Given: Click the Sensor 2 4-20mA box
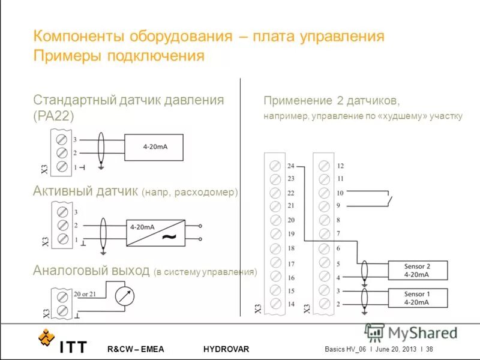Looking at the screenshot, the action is tap(417, 271).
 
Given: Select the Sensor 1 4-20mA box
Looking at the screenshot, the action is tap(417, 298).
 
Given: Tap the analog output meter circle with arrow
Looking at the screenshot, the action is tap(125, 295).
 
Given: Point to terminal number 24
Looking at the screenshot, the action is tap(291, 166).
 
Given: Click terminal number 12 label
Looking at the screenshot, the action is tap(340, 166).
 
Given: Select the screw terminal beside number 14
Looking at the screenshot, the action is tap(275, 304).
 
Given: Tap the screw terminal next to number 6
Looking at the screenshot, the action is tap(324, 248).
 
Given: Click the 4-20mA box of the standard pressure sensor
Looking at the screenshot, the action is tap(154, 146).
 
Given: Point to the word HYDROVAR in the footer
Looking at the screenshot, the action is tap(226, 349).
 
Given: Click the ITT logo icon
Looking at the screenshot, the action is tap(46, 339).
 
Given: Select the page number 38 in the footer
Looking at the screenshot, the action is tap(430, 349).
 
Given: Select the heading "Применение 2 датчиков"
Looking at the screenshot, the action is tap(332, 100).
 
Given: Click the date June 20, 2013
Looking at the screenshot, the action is tap(395, 349).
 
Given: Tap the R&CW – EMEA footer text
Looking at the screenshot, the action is tap(136, 349).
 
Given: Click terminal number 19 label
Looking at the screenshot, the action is tap(291, 234).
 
